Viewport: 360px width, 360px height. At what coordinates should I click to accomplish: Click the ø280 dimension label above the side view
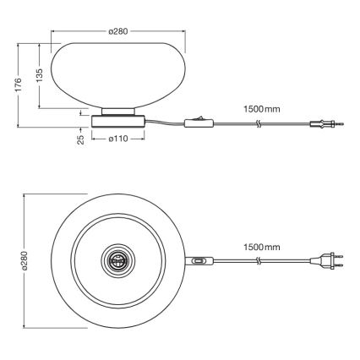(118, 31)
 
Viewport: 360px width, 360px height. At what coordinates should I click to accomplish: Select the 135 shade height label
(40, 76)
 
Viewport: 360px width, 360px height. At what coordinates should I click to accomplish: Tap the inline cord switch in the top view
(199, 261)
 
